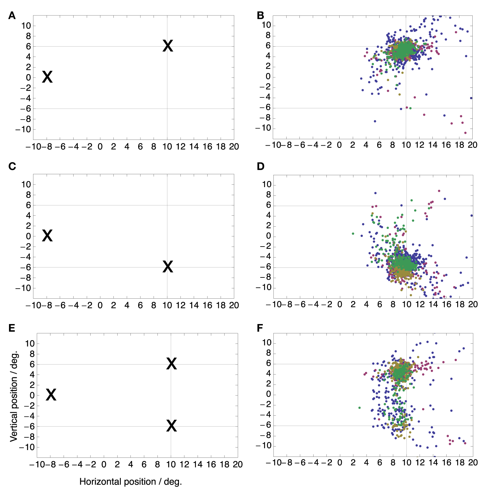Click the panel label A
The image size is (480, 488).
pos(12,16)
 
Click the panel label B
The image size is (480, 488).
pos(261,16)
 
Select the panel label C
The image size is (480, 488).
pos(12,167)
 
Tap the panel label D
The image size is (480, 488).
pos(261,167)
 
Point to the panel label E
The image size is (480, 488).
pos(12,328)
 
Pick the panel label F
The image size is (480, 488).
pos(260,328)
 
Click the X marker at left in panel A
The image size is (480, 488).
pos(47,77)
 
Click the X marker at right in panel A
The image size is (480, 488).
pos(168,46)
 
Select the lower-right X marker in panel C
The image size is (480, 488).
pos(168,267)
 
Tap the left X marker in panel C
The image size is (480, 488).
pos(47,236)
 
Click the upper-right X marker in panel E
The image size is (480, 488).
pos(172,364)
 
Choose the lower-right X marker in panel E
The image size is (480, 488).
pos(172,426)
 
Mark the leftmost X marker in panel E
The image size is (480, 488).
pos(51,395)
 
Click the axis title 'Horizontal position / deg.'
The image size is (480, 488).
pos(130,482)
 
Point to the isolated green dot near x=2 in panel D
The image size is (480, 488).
pos(353,234)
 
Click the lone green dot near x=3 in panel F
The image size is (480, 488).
pos(360,408)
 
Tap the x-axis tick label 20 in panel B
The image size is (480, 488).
pos(472,145)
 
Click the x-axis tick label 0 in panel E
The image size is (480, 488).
pos(104,464)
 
